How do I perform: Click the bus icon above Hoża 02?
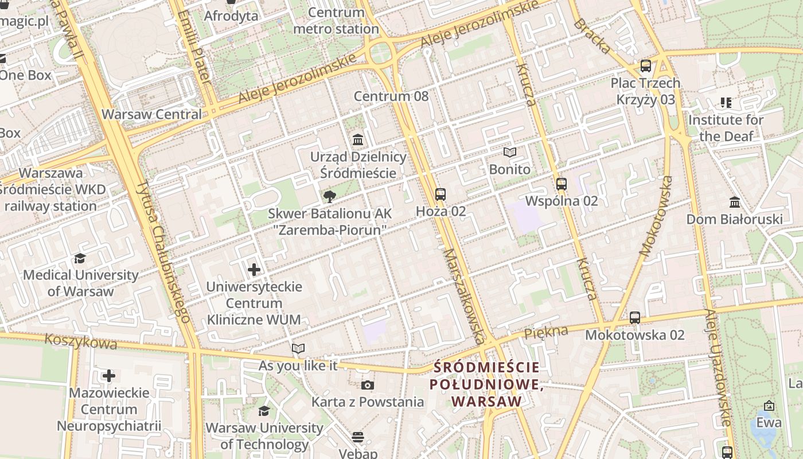click(x=440, y=195)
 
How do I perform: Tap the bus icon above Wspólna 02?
click(x=561, y=184)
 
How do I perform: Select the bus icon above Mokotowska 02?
click(x=634, y=318)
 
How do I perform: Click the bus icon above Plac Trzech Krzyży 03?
click(x=645, y=66)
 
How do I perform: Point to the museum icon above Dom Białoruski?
click(x=734, y=203)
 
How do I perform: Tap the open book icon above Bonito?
click(x=509, y=153)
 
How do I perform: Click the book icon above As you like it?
click(x=298, y=348)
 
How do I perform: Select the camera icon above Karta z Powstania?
click(x=367, y=385)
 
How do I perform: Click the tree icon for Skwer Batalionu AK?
click(x=329, y=197)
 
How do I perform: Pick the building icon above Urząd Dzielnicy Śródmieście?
click(x=358, y=139)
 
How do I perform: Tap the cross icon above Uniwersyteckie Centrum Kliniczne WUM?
click(x=254, y=269)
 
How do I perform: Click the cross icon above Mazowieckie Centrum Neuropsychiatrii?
click(x=108, y=376)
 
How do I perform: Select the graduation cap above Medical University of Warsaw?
click(x=80, y=259)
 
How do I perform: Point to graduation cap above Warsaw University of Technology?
click(x=264, y=411)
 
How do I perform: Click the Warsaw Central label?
click(x=151, y=114)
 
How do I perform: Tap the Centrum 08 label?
click(x=391, y=96)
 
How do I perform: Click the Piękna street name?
click(x=545, y=332)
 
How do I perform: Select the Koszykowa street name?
click(x=80, y=342)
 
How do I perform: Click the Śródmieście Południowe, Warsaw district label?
click(x=486, y=384)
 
